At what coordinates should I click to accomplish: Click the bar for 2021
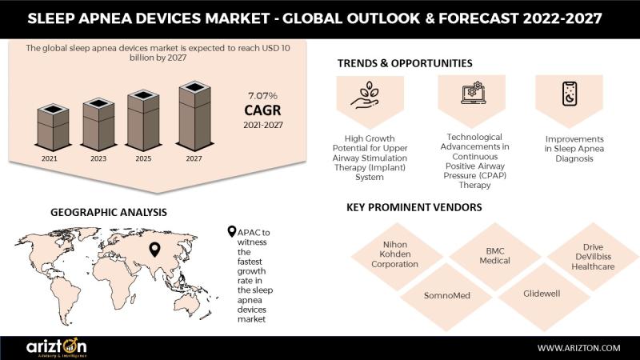click(x=53, y=127)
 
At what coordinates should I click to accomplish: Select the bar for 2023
click(x=98, y=125)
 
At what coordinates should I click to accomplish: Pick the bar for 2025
click(x=143, y=121)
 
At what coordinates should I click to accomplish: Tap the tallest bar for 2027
click(x=194, y=116)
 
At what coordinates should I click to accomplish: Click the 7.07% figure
click(x=263, y=96)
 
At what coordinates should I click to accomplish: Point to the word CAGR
click(x=263, y=110)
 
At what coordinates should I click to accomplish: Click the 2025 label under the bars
click(x=143, y=158)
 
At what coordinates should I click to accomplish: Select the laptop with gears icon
click(x=472, y=93)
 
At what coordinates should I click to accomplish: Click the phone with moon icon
click(x=570, y=94)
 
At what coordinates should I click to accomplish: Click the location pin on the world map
click(x=154, y=250)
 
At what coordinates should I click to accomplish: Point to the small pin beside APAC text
click(x=232, y=232)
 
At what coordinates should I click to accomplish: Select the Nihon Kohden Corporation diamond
click(x=395, y=256)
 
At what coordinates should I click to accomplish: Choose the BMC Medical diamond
click(x=494, y=256)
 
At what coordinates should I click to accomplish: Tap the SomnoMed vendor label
click(x=447, y=295)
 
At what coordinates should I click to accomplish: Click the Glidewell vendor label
click(x=542, y=294)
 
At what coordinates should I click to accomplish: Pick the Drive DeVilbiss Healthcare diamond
click(x=593, y=257)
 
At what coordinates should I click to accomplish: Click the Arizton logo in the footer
click(x=56, y=347)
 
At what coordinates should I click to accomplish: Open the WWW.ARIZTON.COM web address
click(x=578, y=348)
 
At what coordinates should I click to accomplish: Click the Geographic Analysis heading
click(x=109, y=212)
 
